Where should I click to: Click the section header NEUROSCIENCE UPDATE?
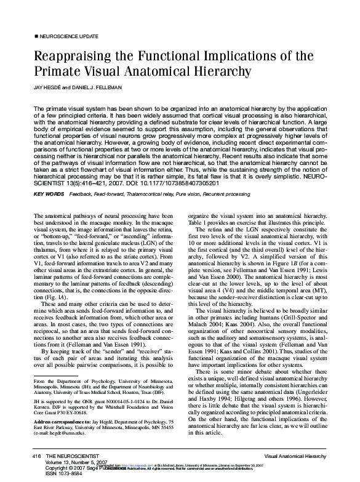coord(66,38)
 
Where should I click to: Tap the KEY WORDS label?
coord(50,194)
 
